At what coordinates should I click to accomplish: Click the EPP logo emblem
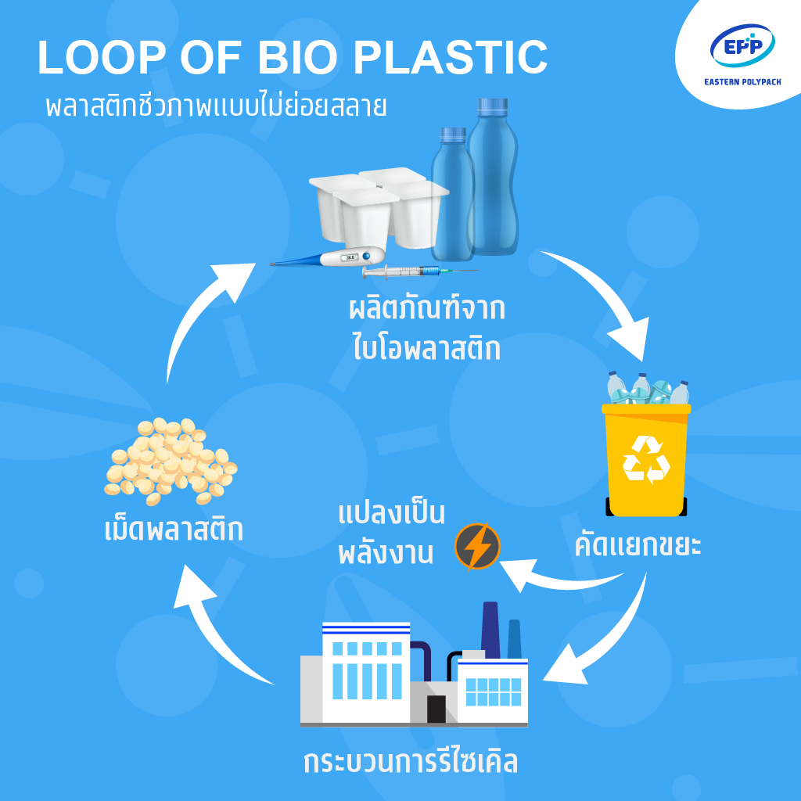pos(742,46)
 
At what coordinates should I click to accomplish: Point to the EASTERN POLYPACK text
pos(742,81)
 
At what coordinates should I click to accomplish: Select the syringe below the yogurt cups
pos(419,271)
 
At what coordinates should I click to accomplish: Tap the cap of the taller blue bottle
pos(493,106)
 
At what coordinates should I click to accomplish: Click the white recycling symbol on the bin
pos(646,459)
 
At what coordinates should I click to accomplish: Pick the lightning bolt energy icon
pos(477,547)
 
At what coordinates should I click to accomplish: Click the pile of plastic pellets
pos(170,462)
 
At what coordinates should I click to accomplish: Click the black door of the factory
pos(436,709)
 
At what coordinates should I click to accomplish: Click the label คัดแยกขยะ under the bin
pos(638,544)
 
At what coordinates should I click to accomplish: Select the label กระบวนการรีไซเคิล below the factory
pos(411,760)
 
